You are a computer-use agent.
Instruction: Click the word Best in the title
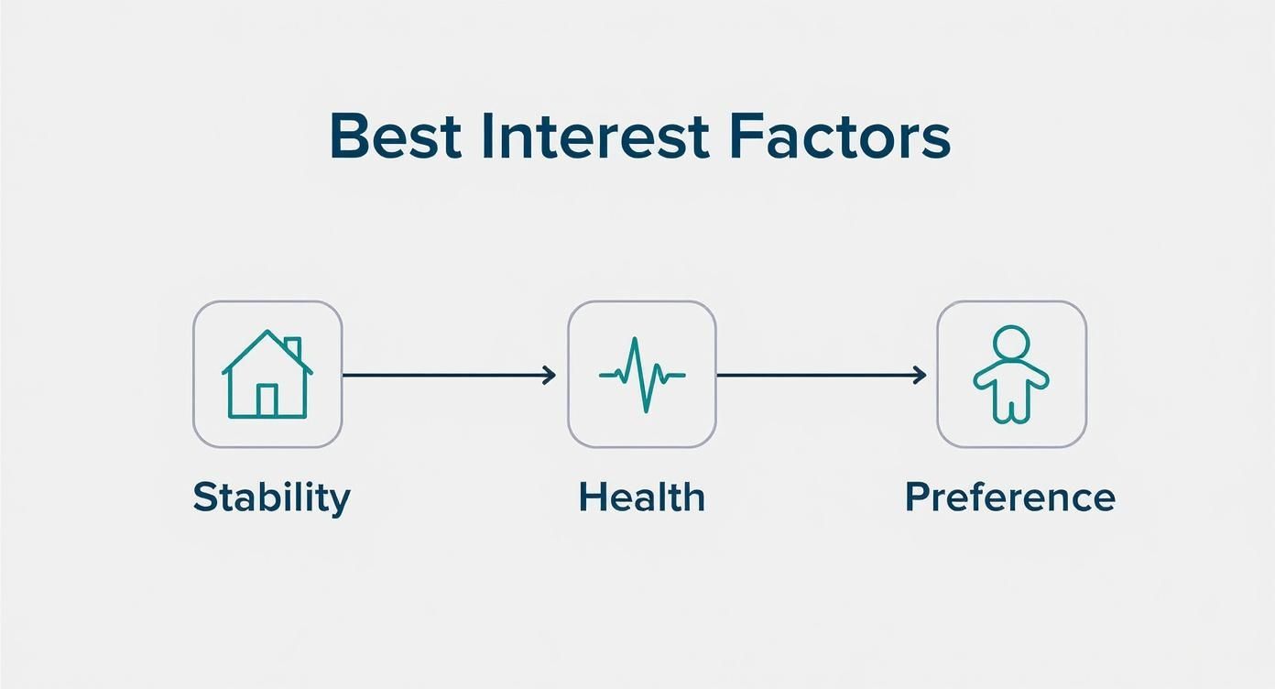coord(395,137)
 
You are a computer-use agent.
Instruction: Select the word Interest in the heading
coord(595,137)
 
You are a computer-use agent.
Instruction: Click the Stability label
coord(271,498)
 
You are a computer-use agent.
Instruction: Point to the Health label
coord(642,498)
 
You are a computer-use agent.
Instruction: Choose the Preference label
coord(1010,498)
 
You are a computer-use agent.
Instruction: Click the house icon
coord(267,374)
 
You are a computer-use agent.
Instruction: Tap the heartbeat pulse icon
coord(642,375)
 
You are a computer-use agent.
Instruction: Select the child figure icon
coord(1011,375)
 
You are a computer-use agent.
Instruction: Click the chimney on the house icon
coord(292,346)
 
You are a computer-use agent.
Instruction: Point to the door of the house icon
coord(267,401)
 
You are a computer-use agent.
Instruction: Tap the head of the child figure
coord(1011,343)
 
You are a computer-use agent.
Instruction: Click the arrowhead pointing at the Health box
coord(550,376)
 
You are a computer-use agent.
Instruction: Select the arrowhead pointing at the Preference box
coord(920,376)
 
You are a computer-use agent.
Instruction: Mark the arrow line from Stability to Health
coord(449,376)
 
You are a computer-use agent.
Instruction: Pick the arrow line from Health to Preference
coord(822,376)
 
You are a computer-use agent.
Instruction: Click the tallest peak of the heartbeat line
coord(635,338)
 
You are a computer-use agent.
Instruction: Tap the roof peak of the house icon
coord(267,332)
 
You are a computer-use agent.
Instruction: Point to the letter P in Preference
coord(918,497)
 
